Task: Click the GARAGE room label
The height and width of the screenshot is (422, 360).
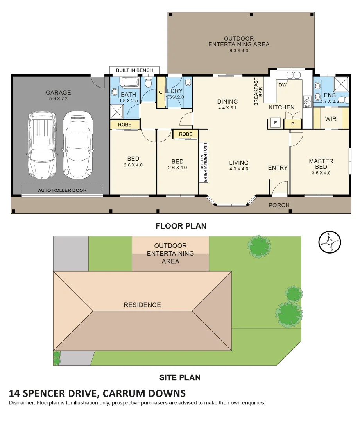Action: point(58,93)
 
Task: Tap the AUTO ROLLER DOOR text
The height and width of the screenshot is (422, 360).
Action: point(62,190)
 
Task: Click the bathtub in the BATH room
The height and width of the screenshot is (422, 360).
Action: point(129,82)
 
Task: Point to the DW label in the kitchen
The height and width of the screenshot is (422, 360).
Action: point(282,85)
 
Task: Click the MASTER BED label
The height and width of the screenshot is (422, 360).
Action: point(321,164)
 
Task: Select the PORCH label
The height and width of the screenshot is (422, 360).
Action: point(279,205)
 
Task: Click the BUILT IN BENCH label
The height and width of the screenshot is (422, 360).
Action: point(134,70)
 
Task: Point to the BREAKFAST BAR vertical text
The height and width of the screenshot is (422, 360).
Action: point(256,92)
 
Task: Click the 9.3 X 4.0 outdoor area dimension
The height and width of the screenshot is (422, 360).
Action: point(238,50)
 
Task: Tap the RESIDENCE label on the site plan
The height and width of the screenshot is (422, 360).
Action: point(142,305)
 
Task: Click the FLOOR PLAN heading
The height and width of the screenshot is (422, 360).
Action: point(181,226)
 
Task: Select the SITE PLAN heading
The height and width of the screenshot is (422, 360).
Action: point(180,377)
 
